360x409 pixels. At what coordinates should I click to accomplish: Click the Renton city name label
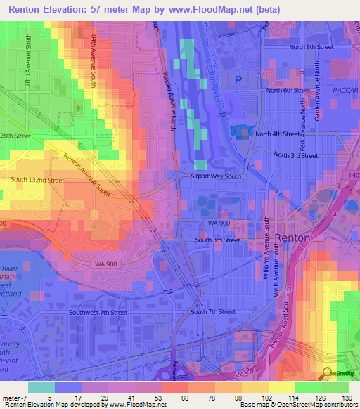point(292,238)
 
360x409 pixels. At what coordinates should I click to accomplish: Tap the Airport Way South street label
point(215,176)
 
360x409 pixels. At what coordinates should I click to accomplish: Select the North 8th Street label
point(311,47)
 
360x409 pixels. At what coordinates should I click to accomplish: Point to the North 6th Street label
point(288,90)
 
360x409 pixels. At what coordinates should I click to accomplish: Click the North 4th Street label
point(278,134)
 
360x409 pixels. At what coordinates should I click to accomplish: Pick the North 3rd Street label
point(295,155)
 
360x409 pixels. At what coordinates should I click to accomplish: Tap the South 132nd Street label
point(37,180)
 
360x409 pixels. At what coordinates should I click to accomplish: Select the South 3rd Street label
point(217,240)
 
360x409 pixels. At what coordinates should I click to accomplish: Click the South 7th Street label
point(213,311)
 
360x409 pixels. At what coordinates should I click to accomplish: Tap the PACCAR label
point(345,90)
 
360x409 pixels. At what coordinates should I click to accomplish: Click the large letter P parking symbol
point(238,80)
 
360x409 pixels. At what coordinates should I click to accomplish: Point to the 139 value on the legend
point(347,398)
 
